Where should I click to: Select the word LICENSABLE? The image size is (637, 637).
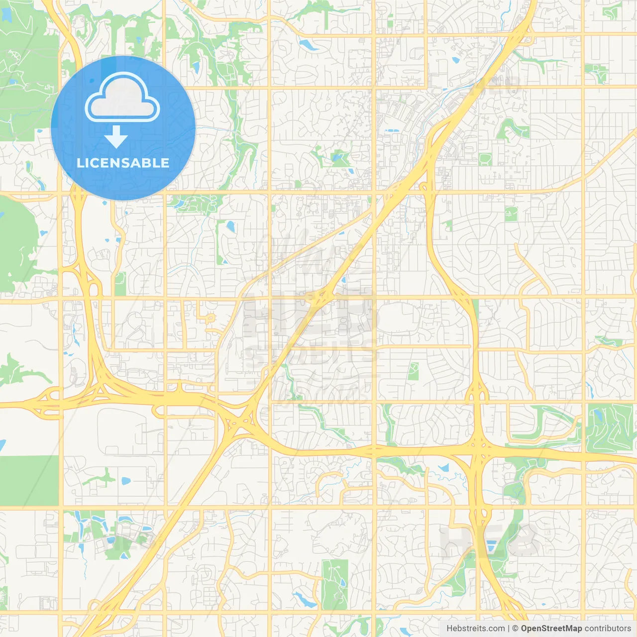point(123,163)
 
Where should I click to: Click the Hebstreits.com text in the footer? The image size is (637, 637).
point(475,629)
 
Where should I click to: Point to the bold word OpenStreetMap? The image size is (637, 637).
point(551,629)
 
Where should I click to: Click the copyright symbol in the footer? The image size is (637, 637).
point(515,629)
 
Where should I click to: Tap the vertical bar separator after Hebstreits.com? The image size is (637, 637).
point(508,629)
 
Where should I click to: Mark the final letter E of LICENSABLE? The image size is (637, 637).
point(165,163)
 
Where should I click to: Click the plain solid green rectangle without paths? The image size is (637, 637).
point(29,480)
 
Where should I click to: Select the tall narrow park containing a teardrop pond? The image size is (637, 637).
point(335,584)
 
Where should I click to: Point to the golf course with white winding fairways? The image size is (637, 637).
point(610,428)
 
